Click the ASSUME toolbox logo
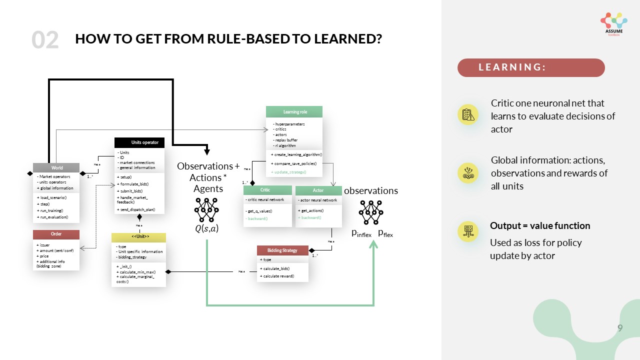point(613,23)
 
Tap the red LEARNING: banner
point(531,67)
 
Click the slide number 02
point(45,40)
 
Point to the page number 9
point(620,328)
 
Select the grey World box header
point(56,168)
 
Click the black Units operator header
point(139,142)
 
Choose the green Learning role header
point(294,111)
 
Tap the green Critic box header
point(267,190)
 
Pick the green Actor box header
point(318,190)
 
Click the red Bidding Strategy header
point(282,250)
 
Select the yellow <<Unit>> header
point(138,236)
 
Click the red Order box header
point(56,234)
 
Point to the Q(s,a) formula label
point(206,229)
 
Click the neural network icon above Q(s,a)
point(206,209)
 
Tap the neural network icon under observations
point(371,212)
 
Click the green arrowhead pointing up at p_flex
point(373,244)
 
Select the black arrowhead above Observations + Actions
point(206,152)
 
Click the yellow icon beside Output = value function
point(468,231)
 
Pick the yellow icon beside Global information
point(468,172)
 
